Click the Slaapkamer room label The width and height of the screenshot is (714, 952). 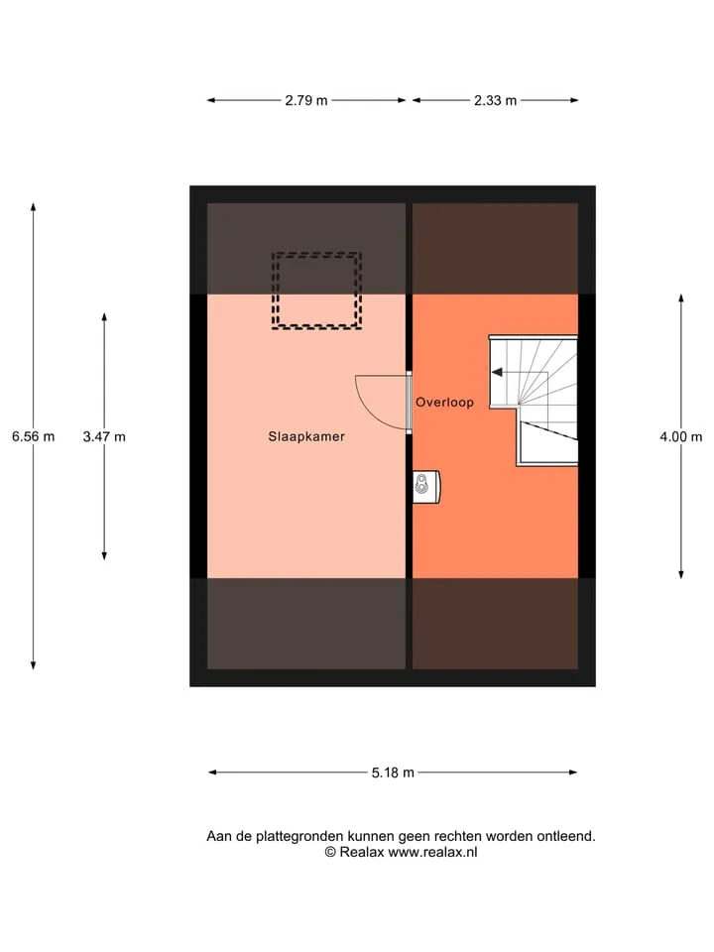[306, 436]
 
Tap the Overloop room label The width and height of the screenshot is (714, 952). [444, 402]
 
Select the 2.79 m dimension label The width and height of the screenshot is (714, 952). [306, 101]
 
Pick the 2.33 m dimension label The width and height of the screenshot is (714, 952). [496, 101]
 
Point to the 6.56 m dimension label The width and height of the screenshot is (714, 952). [34, 436]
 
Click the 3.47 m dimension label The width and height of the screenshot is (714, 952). [104, 436]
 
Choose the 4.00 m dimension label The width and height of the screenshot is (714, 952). [681, 436]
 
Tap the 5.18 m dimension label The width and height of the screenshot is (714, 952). [393, 773]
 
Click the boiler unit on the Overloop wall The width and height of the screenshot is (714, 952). [426, 487]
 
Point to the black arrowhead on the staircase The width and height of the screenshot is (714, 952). [497, 372]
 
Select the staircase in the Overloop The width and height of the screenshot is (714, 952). [534, 401]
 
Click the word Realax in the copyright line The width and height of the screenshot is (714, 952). [362, 853]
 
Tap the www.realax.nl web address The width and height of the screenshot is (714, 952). [433, 853]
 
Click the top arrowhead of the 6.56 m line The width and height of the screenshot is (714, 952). [34, 206]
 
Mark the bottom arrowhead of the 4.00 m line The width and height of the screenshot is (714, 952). [681, 574]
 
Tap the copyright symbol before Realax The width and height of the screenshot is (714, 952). [330, 853]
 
